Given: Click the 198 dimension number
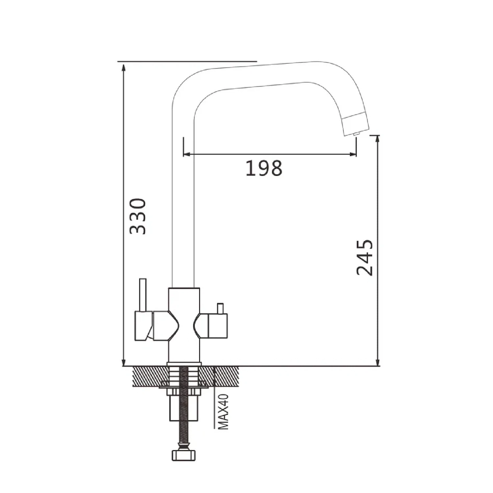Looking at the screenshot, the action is point(264,168).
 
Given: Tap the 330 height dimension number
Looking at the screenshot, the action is point(137,216).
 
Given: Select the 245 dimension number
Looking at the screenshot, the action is point(365,257).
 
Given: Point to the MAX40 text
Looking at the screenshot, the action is point(223,412).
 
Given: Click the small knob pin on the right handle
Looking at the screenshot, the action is point(219,309).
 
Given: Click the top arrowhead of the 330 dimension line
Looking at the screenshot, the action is point(124,67).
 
